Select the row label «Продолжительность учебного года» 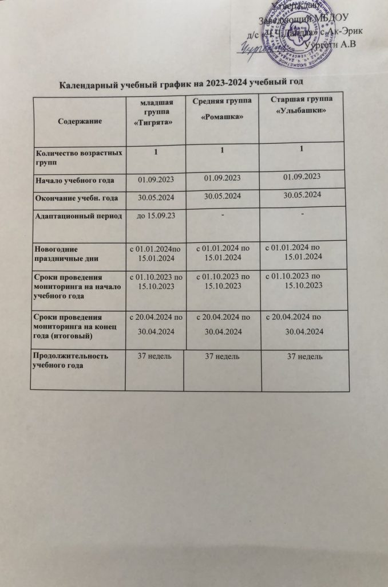71,361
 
